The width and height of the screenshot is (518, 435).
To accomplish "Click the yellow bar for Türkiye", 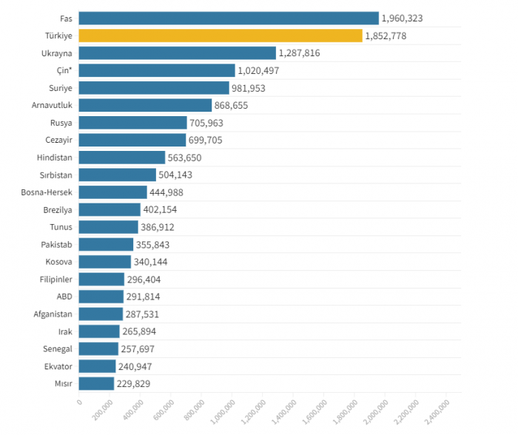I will tap(220, 36).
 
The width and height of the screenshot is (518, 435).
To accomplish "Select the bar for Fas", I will tap(228, 18).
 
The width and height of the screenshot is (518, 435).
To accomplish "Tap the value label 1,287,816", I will tap(303, 53).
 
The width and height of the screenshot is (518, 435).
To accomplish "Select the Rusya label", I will tap(61, 123).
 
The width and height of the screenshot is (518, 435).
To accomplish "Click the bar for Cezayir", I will tap(132, 140).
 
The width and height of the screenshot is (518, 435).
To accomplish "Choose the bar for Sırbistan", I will tap(117, 175).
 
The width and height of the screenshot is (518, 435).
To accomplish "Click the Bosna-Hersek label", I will tap(47, 192).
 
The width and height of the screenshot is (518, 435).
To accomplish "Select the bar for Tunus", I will tap(108, 227).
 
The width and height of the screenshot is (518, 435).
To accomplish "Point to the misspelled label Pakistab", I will tap(56, 244).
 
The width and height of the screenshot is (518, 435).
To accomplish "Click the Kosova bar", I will tap(104, 262).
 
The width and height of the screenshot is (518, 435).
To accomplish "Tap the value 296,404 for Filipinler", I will tap(144, 280).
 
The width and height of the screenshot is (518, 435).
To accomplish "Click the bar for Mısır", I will tap(96, 383).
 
